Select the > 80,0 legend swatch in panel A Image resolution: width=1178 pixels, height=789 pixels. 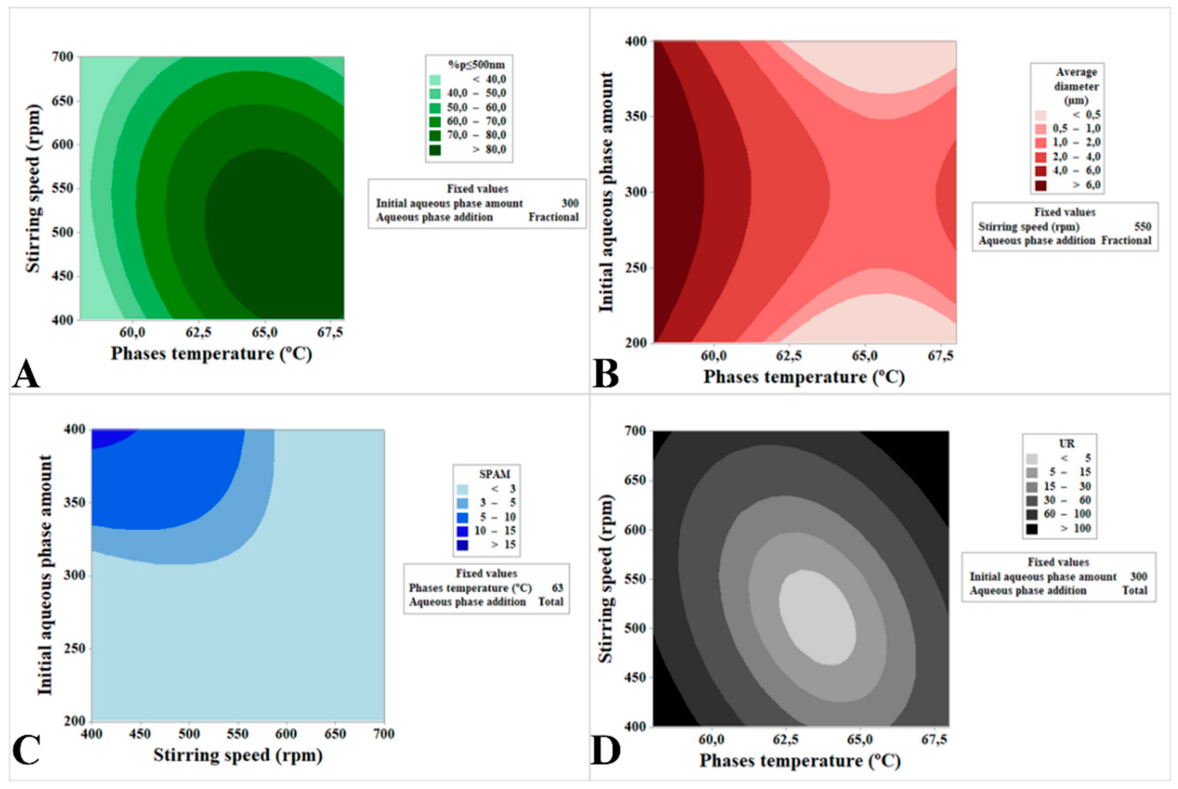(x=435, y=150)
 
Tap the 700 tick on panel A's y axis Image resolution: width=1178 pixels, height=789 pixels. (x=63, y=57)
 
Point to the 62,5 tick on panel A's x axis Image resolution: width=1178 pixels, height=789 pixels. (x=199, y=333)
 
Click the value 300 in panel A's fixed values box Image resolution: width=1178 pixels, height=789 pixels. (x=570, y=203)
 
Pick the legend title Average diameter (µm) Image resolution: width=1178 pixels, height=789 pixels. (x=1076, y=86)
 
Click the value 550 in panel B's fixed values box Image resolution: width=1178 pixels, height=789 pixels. (x=1143, y=227)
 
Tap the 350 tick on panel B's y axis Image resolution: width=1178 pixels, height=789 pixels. (x=636, y=116)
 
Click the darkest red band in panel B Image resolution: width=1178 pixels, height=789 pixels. (x=674, y=191)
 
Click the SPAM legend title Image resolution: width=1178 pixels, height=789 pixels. (x=495, y=473)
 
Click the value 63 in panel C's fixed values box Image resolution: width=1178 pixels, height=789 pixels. (x=557, y=588)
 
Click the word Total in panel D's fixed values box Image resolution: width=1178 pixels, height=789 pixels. (x=1134, y=590)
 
